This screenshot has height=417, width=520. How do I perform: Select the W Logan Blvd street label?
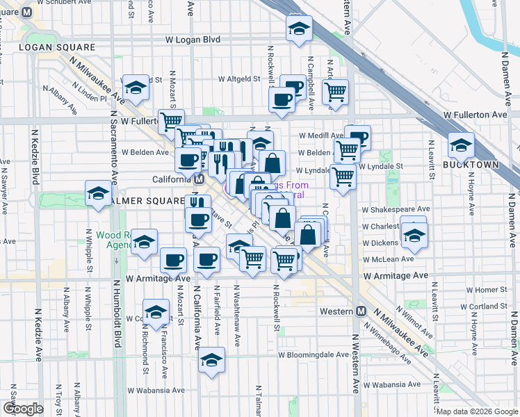(x=192, y=40)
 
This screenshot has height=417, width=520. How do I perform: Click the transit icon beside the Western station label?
(x=360, y=311)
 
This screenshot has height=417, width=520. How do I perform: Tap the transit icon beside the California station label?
(x=199, y=179)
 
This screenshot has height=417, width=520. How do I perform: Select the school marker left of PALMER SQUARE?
(x=98, y=193)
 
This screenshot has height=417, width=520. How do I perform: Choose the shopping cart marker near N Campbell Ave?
(x=335, y=90)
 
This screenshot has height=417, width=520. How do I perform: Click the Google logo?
(x=22, y=409)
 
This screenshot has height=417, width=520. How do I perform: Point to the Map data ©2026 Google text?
(x=477, y=411)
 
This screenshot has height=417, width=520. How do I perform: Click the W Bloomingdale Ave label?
(x=314, y=354)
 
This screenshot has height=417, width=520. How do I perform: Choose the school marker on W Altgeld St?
(x=136, y=87)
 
